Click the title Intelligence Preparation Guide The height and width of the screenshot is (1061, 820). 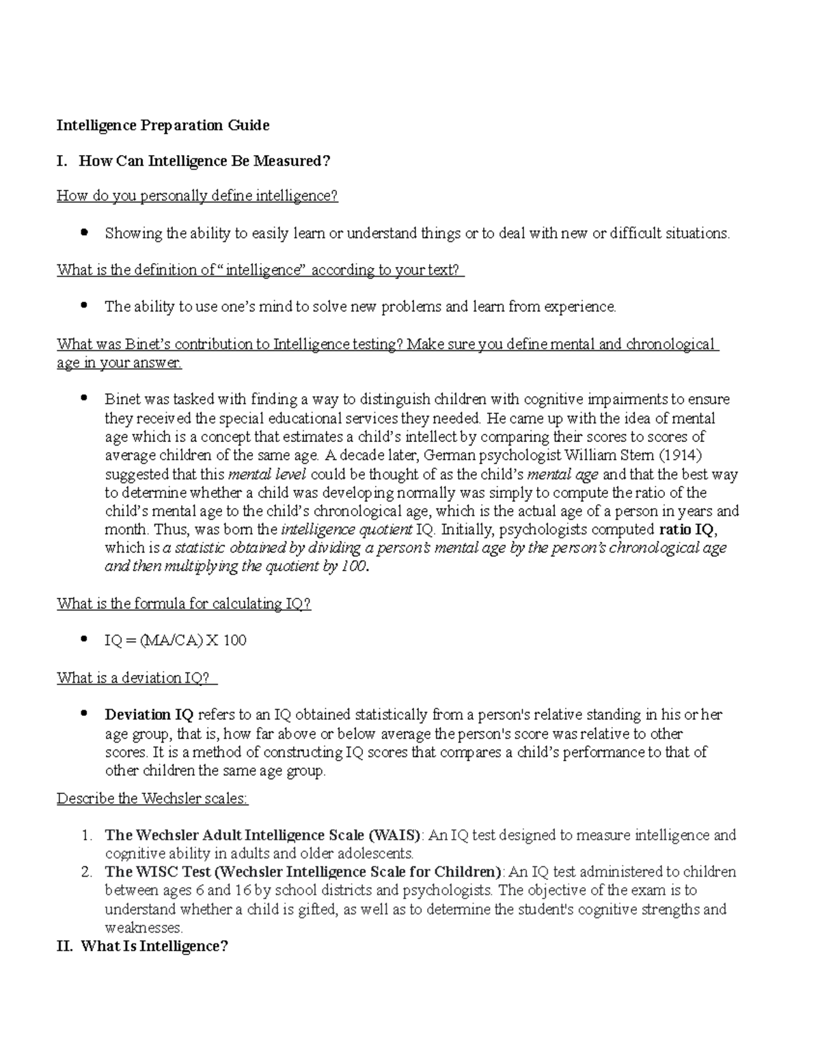(163, 125)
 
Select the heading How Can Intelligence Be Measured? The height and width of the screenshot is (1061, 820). (204, 161)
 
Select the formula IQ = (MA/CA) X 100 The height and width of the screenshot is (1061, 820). (175, 641)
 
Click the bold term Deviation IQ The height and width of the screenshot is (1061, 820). (149, 715)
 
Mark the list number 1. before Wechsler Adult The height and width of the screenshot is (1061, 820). (86, 835)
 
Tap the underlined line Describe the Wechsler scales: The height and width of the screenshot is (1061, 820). (152, 798)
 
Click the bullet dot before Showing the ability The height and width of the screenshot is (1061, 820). (85, 233)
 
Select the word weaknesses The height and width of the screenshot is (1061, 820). (143, 928)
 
